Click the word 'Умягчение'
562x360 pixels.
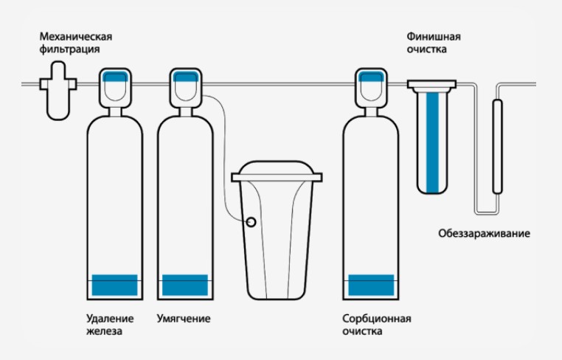coord(184,319)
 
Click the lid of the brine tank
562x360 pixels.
coord(277,176)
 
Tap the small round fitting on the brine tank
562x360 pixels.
coord(251,221)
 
